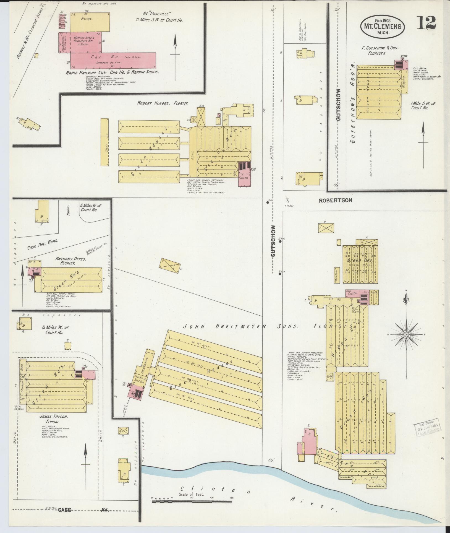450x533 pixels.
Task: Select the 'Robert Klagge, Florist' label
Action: click(x=163, y=103)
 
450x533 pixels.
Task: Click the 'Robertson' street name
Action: click(x=335, y=200)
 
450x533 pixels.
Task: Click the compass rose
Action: click(x=406, y=334)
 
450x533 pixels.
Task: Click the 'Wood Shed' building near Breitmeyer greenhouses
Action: click(x=337, y=275)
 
